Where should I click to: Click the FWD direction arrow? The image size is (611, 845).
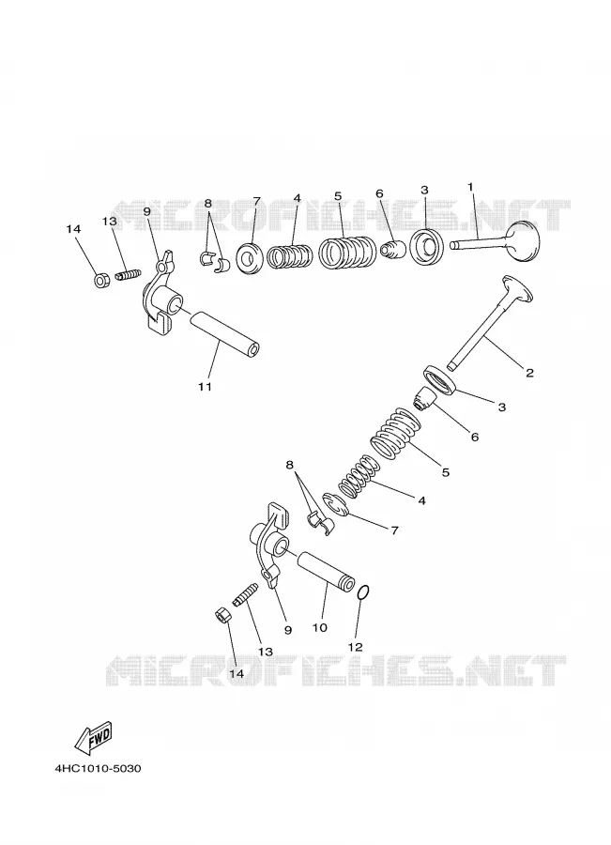point(93,737)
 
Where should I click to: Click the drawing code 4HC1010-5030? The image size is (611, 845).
point(98,768)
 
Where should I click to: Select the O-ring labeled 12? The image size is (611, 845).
point(363,592)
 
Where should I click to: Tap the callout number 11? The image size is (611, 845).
point(205,387)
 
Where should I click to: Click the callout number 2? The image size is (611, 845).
point(529,373)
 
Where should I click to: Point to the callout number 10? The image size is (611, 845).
point(319,628)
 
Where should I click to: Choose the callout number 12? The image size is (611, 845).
point(356,647)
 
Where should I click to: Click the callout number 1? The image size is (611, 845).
point(470,187)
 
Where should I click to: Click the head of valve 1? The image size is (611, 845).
point(523,241)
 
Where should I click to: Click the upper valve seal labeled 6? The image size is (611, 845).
point(391,249)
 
